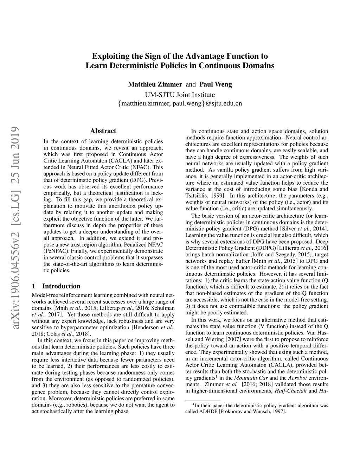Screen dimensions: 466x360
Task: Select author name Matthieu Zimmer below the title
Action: pyautogui.click(x=155, y=84)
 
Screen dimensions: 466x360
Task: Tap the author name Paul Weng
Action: pyautogui.click(x=216, y=84)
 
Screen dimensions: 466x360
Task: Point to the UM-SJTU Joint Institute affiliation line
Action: pyautogui.click(x=180, y=95)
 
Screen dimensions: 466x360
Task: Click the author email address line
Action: pyautogui.click(x=180, y=104)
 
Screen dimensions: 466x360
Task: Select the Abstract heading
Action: pyautogui.click(x=103, y=131)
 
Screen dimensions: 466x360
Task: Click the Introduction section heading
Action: pyautogui.click(x=61, y=286)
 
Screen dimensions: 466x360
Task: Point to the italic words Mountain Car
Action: pyautogui.click(x=251, y=378)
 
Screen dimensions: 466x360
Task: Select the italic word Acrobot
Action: pyautogui.click(x=297, y=378)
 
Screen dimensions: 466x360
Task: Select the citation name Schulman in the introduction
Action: pyautogui.click(x=163, y=308)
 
